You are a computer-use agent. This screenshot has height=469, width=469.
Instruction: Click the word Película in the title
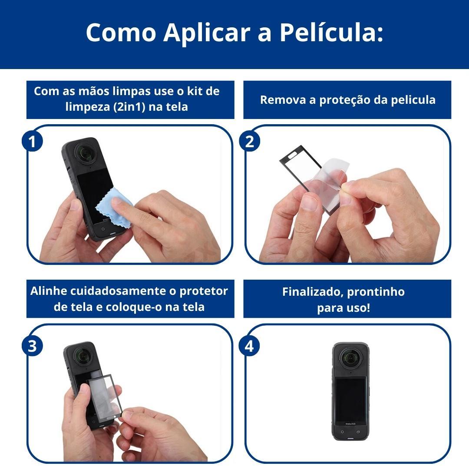[x=331, y=32]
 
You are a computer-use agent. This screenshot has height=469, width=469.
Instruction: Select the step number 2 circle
[x=249, y=141]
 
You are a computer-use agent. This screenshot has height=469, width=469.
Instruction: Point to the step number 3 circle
[x=32, y=346]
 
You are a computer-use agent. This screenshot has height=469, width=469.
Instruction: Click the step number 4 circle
[x=249, y=346]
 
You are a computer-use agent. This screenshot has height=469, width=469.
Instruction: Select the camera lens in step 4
[x=350, y=357]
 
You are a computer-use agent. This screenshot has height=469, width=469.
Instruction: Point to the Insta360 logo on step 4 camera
[x=350, y=424]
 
